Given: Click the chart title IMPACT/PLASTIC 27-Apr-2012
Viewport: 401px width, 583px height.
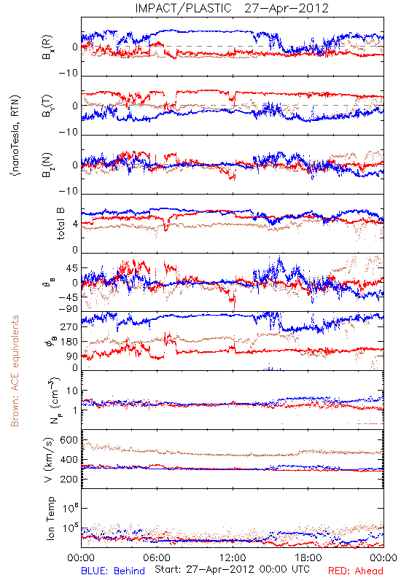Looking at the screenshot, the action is (x=232, y=8).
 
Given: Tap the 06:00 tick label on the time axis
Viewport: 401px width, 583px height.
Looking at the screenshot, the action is (x=157, y=557).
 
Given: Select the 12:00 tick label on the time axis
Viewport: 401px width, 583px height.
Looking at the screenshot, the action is (x=233, y=557).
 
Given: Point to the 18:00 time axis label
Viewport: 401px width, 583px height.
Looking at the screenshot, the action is (x=308, y=557).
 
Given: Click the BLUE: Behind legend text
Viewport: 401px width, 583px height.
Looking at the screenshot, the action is (x=113, y=571).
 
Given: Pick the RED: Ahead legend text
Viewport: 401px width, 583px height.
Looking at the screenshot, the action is (x=355, y=571).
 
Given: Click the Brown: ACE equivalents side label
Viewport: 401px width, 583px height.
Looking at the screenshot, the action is (x=15, y=371).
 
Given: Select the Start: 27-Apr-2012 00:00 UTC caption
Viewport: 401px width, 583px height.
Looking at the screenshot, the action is (x=232, y=569).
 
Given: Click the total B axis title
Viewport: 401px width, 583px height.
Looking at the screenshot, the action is (x=61, y=223).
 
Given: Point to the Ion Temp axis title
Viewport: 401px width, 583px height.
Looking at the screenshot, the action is (x=50, y=518).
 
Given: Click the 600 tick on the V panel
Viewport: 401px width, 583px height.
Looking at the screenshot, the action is (x=69, y=440).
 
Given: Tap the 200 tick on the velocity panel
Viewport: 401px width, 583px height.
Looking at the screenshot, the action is (x=69, y=479).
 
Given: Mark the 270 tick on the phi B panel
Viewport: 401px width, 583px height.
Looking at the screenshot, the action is (x=69, y=327).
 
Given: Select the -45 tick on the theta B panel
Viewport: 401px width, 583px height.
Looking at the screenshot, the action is (x=69, y=297).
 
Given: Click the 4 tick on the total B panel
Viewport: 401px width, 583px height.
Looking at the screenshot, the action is (x=75, y=224).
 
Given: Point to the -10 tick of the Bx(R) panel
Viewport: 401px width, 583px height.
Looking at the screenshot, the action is (x=69, y=74).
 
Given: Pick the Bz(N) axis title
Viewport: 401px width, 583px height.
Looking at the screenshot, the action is (x=47, y=165).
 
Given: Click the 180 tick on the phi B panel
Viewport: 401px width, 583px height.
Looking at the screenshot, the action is (x=69, y=342).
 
